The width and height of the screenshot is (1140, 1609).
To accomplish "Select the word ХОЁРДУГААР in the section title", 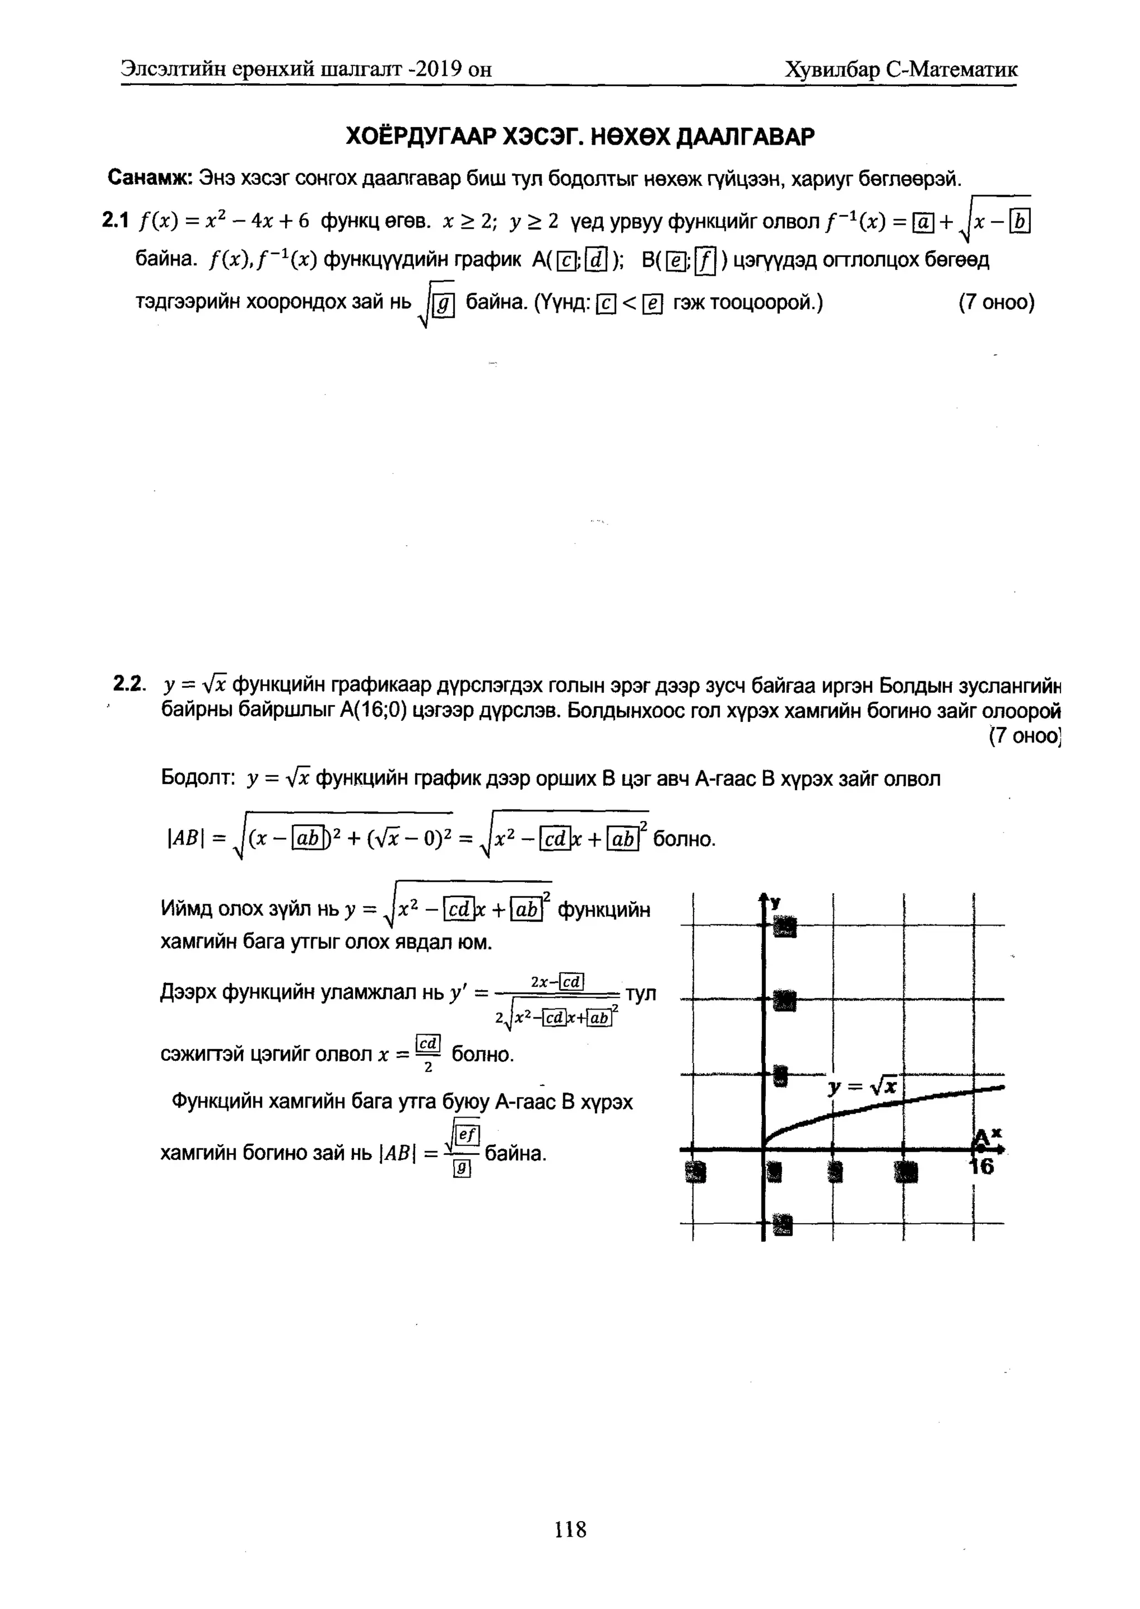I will tap(421, 136).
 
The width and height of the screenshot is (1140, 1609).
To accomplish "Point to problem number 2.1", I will tap(115, 221).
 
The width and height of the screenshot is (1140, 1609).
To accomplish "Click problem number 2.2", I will tap(128, 683).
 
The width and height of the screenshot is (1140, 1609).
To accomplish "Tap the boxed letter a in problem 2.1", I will tap(922, 223).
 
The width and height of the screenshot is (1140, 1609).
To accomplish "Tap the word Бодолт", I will tap(196, 778).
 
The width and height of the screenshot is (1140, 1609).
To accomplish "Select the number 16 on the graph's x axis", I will tap(981, 1166).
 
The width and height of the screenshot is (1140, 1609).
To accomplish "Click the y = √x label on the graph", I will tap(862, 1088).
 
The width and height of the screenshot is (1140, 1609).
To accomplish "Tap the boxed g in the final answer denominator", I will tap(461, 1168).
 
